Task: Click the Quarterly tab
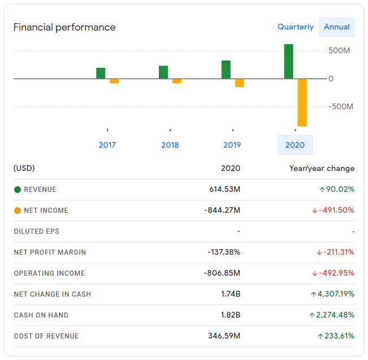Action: (x=296, y=27)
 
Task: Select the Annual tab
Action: (x=337, y=27)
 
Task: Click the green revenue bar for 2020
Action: (x=289, y=61)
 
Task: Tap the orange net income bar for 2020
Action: (x=302, y=102)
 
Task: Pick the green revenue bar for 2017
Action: (x=101, y=73)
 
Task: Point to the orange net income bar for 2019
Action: (x=240, y=83)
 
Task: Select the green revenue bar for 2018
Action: (x=163, y=72)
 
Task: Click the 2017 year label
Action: (x=107, y=145)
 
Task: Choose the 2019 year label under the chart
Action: (x=232, y=145)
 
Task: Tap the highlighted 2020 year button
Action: (x=295, y=145)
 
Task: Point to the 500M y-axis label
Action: (x=339, y=50)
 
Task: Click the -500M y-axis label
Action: (x=341, y=106)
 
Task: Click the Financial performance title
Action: (x=64, y=27)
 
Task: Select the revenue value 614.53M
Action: (x=225, y=189)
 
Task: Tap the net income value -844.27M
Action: (x=222, y=210)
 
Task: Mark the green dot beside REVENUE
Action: (x=18, y=190)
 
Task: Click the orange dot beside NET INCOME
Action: (x=18, y=211)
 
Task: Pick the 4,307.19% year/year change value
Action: (x=333, y=294)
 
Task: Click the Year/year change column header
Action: (x=322, y=168)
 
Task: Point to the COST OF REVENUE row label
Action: (x=46, y=336)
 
